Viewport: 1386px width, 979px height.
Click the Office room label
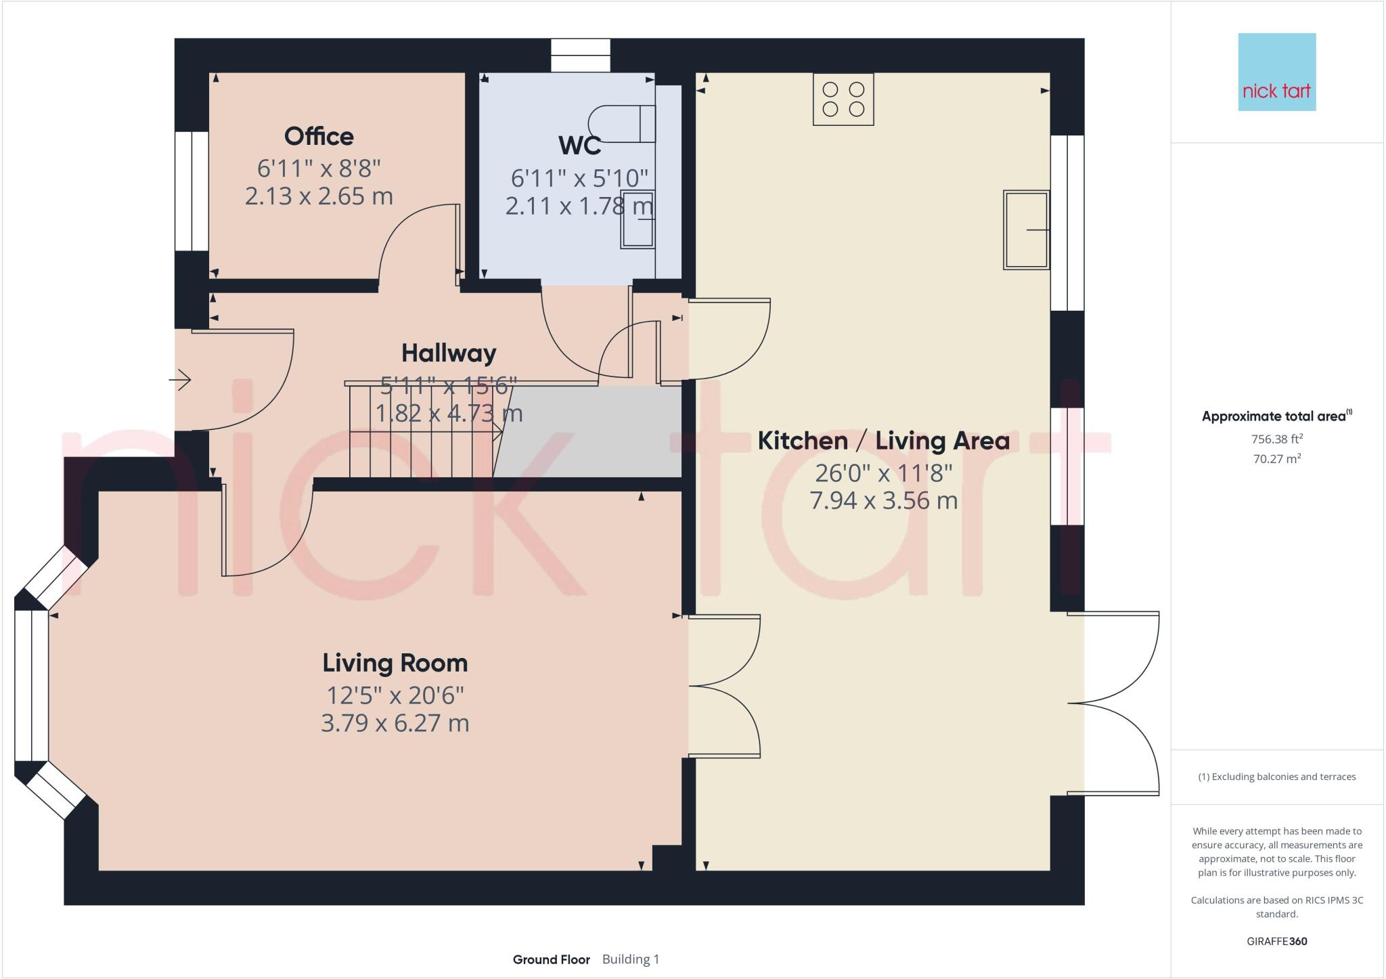tap(319, 137)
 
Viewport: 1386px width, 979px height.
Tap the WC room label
tap(579, 146)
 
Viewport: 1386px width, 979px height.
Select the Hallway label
tap(449, 353)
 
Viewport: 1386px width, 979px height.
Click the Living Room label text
tap(395, 663)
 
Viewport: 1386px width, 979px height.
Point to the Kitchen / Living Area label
tap(883, 441)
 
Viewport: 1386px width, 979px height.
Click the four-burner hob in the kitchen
tap(843, 100)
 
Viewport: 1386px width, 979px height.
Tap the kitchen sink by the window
tap(1026, 230)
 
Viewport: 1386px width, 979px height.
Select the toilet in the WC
tap(621, 124)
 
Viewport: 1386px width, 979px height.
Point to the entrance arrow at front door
tap(180, 380)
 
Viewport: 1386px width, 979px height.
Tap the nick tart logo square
tap(1276, 72)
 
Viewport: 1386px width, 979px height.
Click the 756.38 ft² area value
tap(1276, 439)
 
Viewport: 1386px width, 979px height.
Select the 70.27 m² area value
tap(1276, 459)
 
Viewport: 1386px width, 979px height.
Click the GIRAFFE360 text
tap(1276, 941)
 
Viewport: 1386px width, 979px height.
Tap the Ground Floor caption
tap(551, 959)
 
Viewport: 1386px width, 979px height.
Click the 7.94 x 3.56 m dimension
tap(883, 501)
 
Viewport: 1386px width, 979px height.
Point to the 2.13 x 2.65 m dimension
tap(319, 196)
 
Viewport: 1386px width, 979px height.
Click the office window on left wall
tap(192, 192)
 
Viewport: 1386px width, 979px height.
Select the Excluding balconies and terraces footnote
tap(1276, 777)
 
